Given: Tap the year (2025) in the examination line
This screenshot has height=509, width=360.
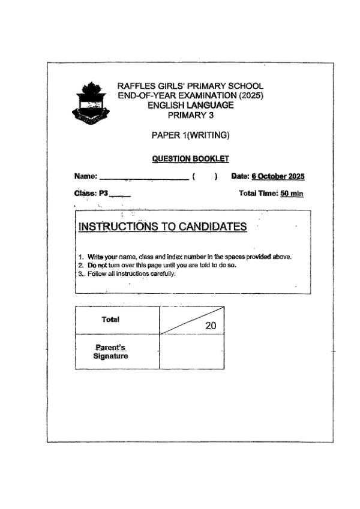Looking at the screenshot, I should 251,96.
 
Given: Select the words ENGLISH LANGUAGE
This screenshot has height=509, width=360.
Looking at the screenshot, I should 191,106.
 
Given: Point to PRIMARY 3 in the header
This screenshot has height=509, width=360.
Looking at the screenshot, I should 191,115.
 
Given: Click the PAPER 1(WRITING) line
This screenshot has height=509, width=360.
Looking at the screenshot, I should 191,135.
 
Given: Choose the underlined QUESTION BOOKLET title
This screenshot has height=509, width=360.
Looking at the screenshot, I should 191,159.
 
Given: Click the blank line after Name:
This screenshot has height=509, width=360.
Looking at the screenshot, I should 144,176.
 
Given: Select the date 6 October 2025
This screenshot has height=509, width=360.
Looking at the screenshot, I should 278,176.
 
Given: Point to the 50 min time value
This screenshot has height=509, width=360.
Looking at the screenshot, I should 292,194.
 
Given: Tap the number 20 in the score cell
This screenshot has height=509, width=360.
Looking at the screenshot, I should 211,326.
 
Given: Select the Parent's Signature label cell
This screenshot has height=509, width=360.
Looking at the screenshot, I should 111,353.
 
